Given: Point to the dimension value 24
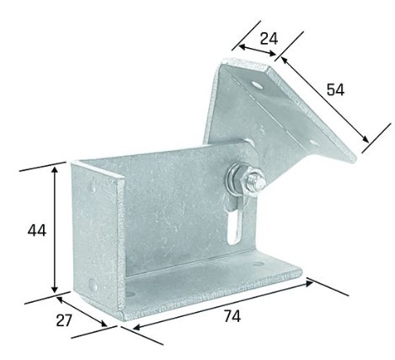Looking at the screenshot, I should [x=268, y=38].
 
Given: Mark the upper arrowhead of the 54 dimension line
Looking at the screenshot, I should [x=284, y=59].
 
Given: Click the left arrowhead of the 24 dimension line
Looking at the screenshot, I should [x=239, y=47].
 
